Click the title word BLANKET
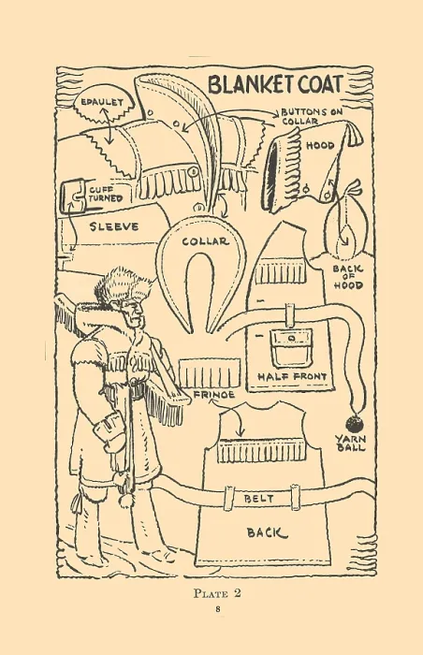point(251,84)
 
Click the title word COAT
point(320,84)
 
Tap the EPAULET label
point(102,102)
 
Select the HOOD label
point(321,145)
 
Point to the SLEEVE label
point(114,226)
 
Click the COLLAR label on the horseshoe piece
point(205,241)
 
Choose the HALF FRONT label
point(291,377)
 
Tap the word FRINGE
point(214,394)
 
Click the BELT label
point(258,499)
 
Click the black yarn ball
point(355,425)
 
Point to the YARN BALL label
point(351,444)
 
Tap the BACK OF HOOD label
point(348,277)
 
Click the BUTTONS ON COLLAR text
point(312,117)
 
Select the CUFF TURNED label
point(106,195)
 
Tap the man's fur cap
point(124,286)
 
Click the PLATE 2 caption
point(217,593)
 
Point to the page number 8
point(218,608)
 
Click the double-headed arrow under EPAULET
point(109,125)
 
